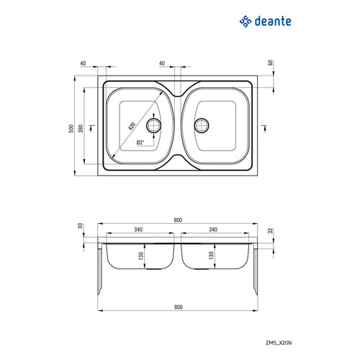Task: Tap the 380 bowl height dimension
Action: click(81, 127)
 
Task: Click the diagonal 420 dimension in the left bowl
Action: click(133, 125)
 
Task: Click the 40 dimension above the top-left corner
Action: click(84, 63)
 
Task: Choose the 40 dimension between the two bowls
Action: click(162, 63)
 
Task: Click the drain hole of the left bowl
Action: click(153, 125)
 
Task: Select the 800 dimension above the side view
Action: click(178, 220)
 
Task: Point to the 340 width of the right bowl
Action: click(213, 230)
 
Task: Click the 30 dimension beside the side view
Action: click(81, 226)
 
